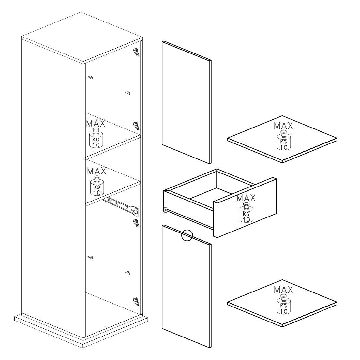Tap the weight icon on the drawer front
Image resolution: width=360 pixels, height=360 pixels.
[246, 213]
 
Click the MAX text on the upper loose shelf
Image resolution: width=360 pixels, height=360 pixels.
[284, 126]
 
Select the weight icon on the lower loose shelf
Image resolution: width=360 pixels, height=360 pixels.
[284, 305]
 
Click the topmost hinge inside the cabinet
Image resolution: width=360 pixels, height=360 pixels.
[136, 52]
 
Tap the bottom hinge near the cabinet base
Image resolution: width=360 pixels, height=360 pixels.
[136, 302]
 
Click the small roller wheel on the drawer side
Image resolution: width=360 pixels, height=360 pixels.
[165, 209]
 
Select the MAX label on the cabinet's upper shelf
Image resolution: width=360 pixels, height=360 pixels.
[96, 123]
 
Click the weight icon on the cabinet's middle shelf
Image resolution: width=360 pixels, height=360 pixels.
[97, 186]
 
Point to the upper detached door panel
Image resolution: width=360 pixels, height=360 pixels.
[187, 102]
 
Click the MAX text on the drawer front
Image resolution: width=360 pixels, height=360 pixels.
[246, 198]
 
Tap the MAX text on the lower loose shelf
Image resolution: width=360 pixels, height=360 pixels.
[284, 290]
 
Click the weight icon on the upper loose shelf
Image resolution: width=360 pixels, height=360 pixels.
[284, 141]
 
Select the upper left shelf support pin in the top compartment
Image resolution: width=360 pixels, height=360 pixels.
[90, 78]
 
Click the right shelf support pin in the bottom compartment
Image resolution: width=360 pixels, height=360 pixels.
[128, 273]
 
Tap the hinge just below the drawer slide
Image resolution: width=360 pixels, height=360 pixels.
[136, 223]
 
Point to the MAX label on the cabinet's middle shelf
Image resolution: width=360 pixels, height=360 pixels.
[97, 171]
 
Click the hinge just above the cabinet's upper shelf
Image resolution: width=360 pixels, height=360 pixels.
[136, 126]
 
